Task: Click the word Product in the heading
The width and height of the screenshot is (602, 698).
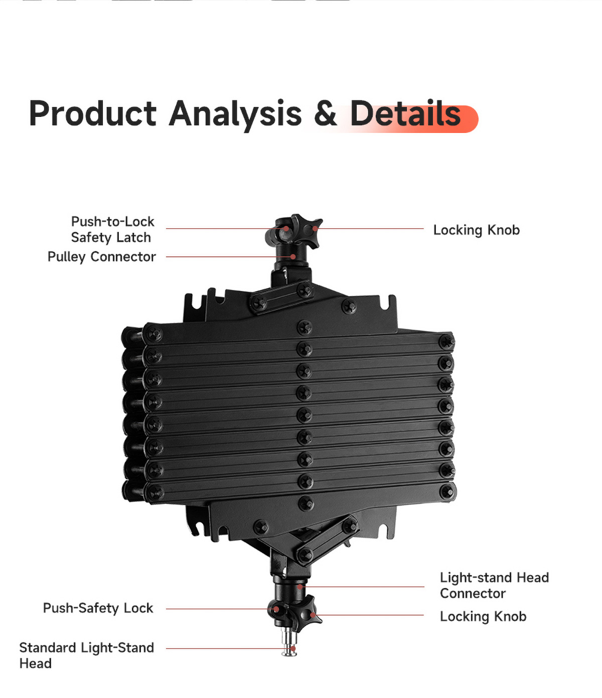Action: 93,113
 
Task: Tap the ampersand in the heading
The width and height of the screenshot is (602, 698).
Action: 325,113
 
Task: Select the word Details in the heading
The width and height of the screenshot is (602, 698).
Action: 405,113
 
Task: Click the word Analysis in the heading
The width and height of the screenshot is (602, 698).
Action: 235,115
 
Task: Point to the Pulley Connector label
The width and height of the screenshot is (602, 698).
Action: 102,256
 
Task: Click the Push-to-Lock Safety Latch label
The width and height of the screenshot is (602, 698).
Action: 112,229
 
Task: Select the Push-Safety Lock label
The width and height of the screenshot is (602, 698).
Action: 98,608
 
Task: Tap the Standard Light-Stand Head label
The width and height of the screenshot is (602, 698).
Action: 86,655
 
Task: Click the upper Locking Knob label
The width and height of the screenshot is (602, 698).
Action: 477,230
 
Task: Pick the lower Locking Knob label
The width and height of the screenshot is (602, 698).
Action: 483,617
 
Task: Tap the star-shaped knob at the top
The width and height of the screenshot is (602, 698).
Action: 306,231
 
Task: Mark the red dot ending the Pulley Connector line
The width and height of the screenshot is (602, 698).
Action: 293,256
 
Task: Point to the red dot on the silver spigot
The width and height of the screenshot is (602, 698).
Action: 293,649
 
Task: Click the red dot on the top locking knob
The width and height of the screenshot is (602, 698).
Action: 315,229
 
